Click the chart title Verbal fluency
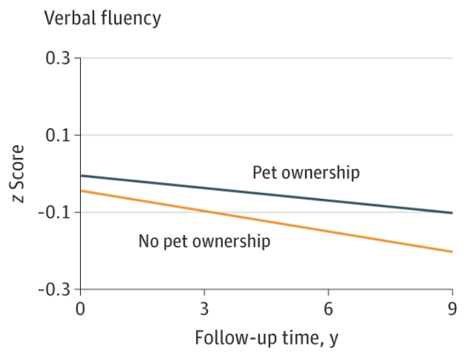tap(103, 18)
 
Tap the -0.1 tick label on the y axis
tap(56, 212)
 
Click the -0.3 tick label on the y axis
tap(56, 289)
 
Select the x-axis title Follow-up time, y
tap(266, 339)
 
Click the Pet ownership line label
tap(306, 173)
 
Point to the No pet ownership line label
tap(204, 240)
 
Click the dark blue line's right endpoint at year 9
tap(452, 213)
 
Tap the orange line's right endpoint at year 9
tap(452, 251)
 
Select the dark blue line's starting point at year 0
tap(81, 176)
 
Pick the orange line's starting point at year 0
tap(81, 191)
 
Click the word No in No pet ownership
tap(147, 240)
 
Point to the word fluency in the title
tap(131, 18)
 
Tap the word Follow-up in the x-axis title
tap(230, 339)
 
